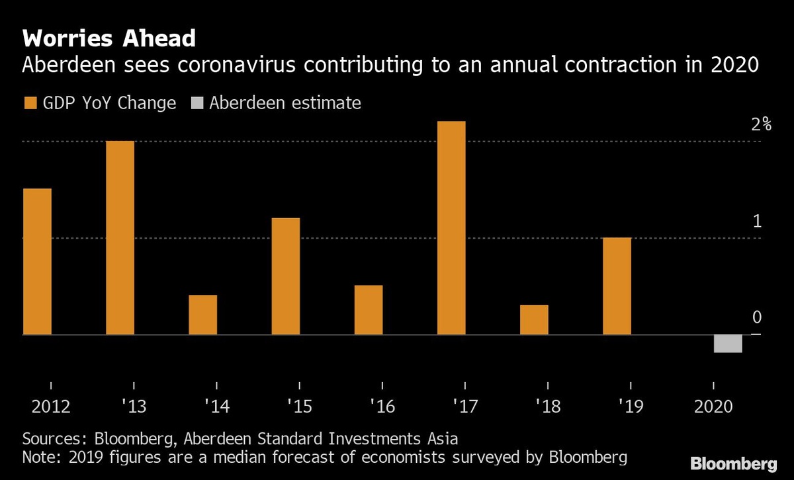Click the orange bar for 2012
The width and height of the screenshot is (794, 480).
pyautogui.click(x=37, y=262)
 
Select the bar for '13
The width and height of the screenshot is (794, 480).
pyautogui.click(x=120, y=238)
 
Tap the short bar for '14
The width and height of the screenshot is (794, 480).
pyautogui.click(x=202, y=315)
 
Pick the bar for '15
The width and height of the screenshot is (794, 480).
pyautogui.click(x=286, y=276)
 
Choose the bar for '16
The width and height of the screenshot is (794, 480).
pyautogui.click(x=369, y=310)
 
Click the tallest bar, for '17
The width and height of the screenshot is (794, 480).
pyautogui.click(x=451, y=228)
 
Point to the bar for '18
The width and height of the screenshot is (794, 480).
pyautogui.click(x=534, y=319)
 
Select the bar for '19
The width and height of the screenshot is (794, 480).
pyautogui.click(x=617, y=286)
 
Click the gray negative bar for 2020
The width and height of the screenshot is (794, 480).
pyautogui.click(x=728, y=344)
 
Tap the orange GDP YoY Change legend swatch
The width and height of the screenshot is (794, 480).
pyautogui.click(x=30, y=102)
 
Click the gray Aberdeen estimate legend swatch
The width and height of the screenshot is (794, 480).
pyautogui.click(x=197, y=102)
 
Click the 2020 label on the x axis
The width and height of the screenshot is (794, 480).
pyautogui.click(x=713, y=406)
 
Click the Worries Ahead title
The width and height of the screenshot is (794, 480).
pyautogui.click(x=109, y=38)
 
